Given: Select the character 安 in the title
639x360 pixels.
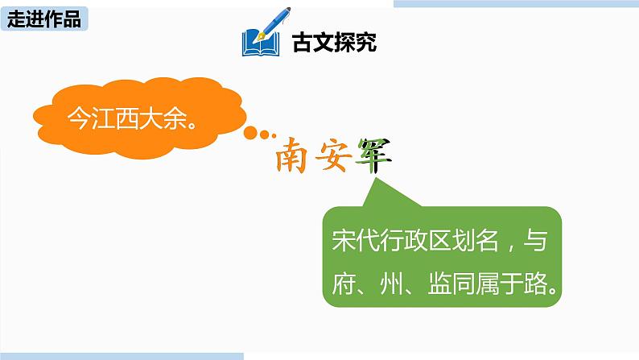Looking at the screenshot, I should pos(336,153).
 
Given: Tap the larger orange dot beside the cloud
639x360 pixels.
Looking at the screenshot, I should pos(253,132).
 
